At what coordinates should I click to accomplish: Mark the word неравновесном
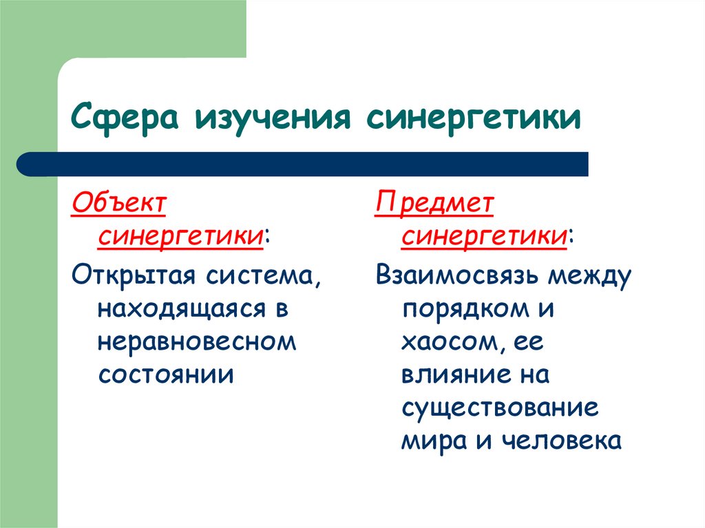click(x=197, y=342)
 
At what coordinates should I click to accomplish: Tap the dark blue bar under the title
click(x=303, y=164)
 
